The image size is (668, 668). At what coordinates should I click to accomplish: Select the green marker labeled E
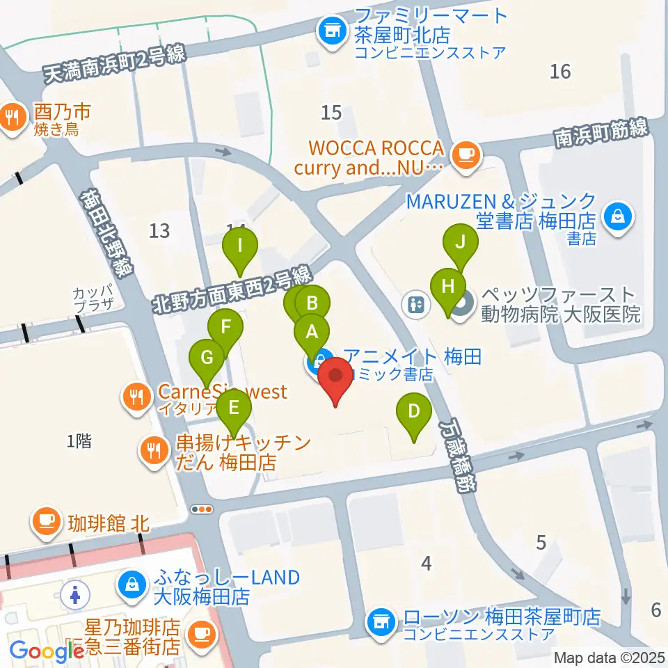click(233, 407)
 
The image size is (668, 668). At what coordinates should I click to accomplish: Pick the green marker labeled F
click(225, 327)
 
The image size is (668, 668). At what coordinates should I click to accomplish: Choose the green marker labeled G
click(207, 358)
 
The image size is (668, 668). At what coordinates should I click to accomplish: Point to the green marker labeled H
click(449, 286)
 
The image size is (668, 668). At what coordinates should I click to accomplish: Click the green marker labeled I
click(240, 246)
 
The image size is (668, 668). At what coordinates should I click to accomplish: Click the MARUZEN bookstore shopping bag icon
click(617, 216)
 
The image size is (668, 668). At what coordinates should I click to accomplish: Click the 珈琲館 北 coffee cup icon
click(47, 520)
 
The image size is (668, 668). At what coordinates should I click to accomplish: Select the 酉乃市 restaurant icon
click(12, 117)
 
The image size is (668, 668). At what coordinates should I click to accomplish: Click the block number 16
click(560, 71)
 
